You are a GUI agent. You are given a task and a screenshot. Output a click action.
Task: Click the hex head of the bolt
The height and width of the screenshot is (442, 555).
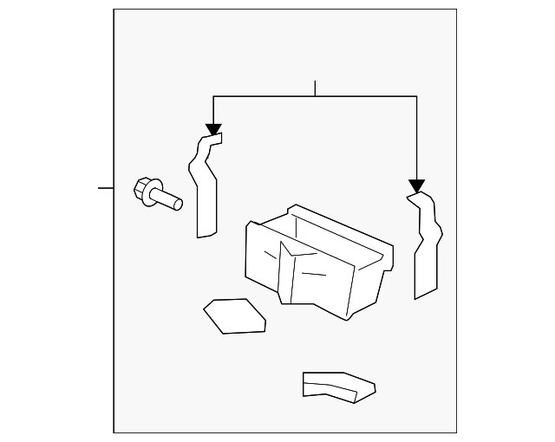[x=145, y=189]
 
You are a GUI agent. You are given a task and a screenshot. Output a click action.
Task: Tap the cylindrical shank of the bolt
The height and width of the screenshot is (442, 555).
[x=170, y=201]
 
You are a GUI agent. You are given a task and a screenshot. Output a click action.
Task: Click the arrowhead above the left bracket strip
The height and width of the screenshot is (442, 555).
[x=213, y=129]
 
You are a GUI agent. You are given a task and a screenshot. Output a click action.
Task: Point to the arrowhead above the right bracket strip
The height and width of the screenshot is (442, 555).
[x=416, y=185]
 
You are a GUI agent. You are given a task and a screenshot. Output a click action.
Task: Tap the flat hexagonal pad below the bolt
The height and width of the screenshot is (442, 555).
[x=234, y=315]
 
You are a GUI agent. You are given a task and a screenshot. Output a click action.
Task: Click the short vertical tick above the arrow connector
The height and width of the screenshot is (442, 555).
[x=315, y=88]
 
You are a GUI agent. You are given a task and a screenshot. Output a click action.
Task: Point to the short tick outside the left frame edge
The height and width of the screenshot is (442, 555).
[x=106, y=187]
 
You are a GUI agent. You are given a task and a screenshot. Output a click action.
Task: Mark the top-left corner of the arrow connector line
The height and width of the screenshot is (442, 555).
[x=213, y=96]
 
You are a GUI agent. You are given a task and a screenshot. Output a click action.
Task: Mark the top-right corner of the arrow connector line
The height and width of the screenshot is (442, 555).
[x=416, y=96]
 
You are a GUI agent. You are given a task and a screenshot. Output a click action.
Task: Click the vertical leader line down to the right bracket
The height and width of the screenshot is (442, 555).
[x=416, y=139]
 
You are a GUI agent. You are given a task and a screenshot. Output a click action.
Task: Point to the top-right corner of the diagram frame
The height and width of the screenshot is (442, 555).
[x=456, y=10]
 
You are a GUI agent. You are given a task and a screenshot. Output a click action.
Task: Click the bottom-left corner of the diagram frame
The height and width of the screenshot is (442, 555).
[x=114, y=432]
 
